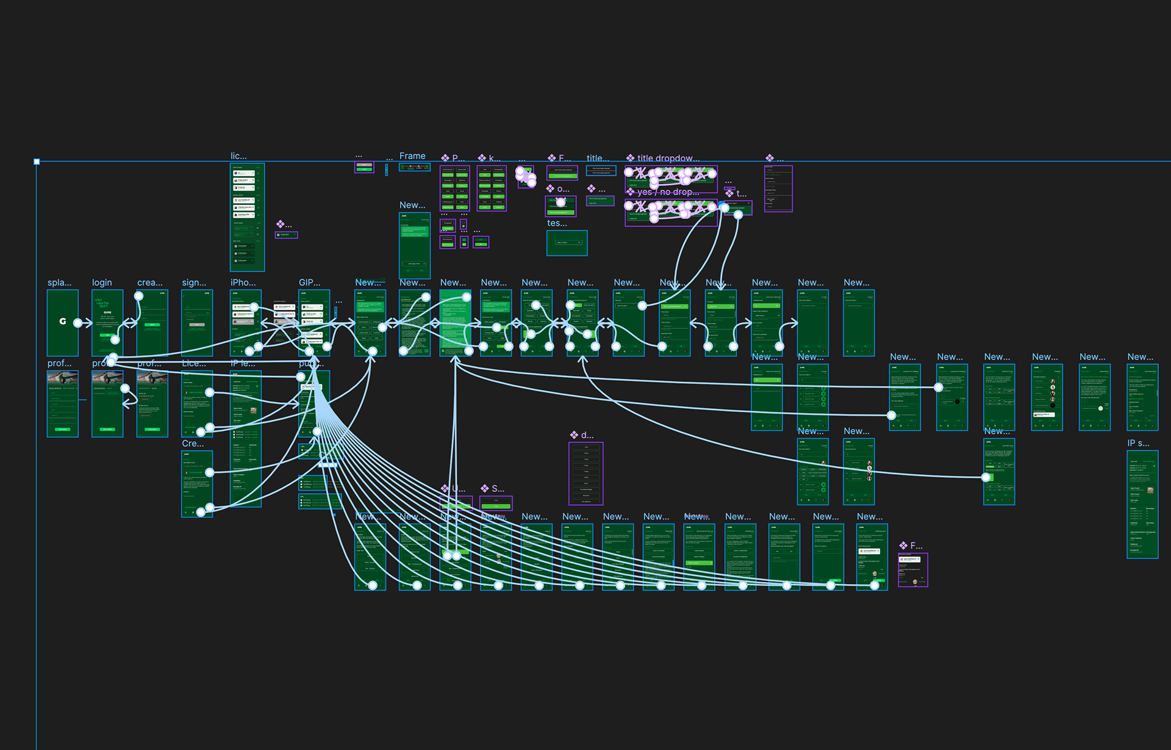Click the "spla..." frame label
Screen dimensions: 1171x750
(59, 283)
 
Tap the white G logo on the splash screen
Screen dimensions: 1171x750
(63, 321)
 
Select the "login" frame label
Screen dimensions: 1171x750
(102, 283)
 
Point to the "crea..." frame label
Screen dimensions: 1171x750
(149, 283)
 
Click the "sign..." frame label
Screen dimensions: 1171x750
(194, 283)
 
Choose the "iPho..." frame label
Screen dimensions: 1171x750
(243, 283)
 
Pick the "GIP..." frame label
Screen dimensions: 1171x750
(309, 283)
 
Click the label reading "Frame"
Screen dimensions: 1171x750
(412, 156)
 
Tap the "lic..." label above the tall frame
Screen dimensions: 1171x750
(238, 156)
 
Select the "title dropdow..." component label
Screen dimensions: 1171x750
(668, 158)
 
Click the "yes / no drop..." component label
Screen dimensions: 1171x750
(668, 192)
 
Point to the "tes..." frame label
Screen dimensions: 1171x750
(557, 223)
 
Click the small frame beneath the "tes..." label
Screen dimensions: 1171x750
(567, 243)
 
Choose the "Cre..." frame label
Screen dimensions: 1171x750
(193, 444)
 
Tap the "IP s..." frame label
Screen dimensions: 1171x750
(1138, 443)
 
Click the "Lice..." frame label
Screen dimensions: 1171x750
(194, 363)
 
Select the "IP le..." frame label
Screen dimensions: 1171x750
(243, 363)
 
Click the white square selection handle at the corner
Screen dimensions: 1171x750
(37, 162)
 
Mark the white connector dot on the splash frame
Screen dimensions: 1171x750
(78, 323)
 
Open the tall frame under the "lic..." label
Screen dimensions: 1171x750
(247, 217)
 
